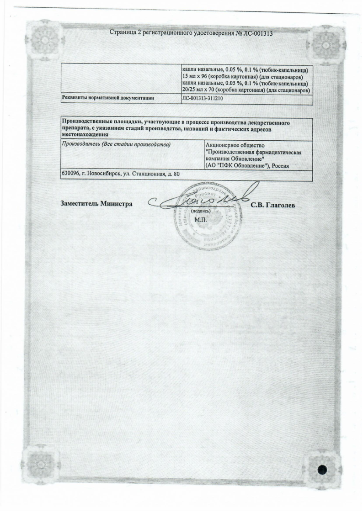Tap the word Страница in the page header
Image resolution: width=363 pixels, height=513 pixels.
(124, 33)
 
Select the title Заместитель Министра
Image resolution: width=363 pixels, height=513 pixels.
(96, 204)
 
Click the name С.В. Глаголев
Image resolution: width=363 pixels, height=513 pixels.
(273, 205)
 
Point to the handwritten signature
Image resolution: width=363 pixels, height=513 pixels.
(201, 201)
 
